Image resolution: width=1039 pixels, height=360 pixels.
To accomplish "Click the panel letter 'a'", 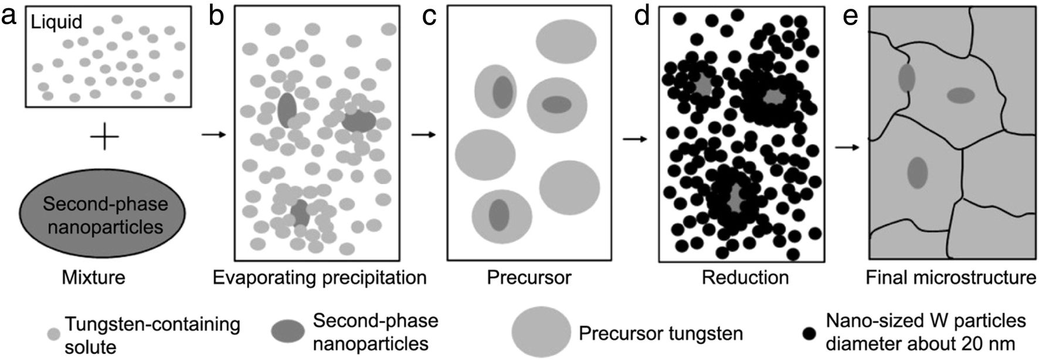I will coord(9,16).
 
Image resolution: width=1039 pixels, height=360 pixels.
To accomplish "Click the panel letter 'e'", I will coord(850,16).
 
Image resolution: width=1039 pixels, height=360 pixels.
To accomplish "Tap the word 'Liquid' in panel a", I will coord(56,22).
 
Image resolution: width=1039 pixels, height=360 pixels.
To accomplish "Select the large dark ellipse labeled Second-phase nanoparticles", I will coord(103,215).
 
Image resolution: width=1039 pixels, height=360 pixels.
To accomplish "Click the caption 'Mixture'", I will coord(94,277).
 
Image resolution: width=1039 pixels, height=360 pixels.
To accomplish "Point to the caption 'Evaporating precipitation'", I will coord(319,277).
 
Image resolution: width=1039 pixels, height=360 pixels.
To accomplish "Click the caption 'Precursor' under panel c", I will coord(529,277).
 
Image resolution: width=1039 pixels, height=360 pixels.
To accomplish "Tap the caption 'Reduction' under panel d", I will coord(745,277).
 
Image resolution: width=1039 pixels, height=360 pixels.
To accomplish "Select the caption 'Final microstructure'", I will coord(950,277).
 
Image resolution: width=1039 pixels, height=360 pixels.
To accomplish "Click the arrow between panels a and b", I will coord(213,135).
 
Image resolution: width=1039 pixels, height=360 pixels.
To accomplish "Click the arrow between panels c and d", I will coord(635,139).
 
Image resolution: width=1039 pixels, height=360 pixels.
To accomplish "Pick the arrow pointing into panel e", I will coord(846,147).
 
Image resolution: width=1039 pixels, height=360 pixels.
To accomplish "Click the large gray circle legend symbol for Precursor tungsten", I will coord(541,332).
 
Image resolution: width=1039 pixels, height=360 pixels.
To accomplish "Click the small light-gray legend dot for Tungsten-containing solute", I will coord(53,334).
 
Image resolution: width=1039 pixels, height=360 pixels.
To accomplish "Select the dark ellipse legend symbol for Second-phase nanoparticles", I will coord(288,331).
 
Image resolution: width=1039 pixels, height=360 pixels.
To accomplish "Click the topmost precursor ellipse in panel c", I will coord(566,41).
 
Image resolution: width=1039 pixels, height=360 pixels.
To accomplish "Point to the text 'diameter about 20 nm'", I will coord(919,343).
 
